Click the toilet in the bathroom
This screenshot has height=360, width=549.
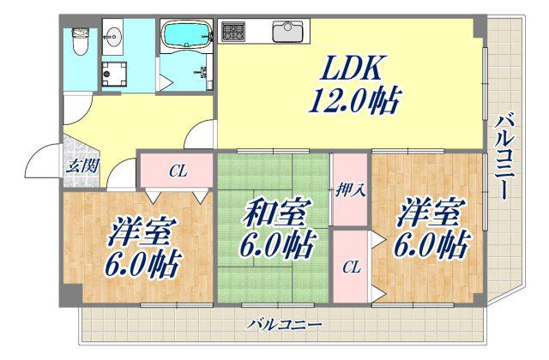click(x=80, y=41)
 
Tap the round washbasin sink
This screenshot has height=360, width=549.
click(x=112, y=36)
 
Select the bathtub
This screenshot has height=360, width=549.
click(x=187, y=33)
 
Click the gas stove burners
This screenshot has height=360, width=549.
click(x=233, y=32)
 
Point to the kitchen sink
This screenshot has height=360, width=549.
click(x=288, y=32)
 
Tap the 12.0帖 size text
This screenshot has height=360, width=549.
click(x=353, y=101)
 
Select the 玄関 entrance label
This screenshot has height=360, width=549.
click(x=82, y=165)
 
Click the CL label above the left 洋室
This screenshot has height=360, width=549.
click(x=179, y=171)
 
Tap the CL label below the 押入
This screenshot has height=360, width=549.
click(x=352, y=267)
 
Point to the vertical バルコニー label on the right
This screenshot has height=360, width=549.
click(x=504, y=159)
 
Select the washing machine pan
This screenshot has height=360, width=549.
click(x=114, y=75)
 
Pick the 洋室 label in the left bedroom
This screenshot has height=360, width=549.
click(x=139, y=231)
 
